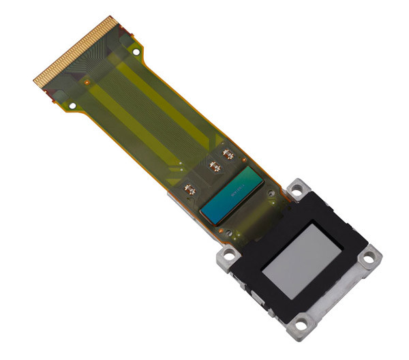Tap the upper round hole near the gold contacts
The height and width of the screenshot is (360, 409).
coord(136,52)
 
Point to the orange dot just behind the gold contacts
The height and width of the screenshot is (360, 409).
coord(87,82)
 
